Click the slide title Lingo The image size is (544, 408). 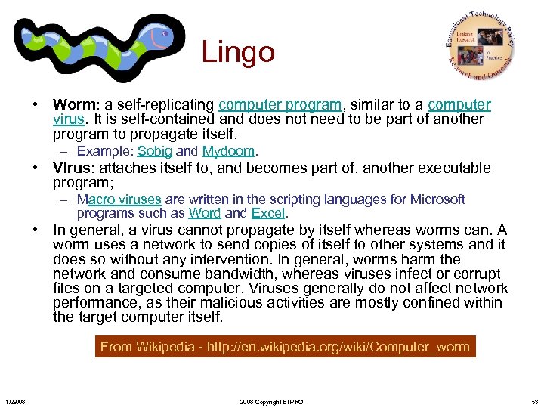coord(238,52)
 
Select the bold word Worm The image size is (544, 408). coord(72,105)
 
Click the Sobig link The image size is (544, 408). coord(155,151)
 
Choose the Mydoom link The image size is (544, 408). coord(230,151)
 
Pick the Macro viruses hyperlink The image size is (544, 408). coord(119,199)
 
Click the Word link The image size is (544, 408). coord(204,213)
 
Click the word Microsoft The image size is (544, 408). coord(437,199)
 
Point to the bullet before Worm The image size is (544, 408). coord(36,105)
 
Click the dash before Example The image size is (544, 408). coord(66,151)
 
